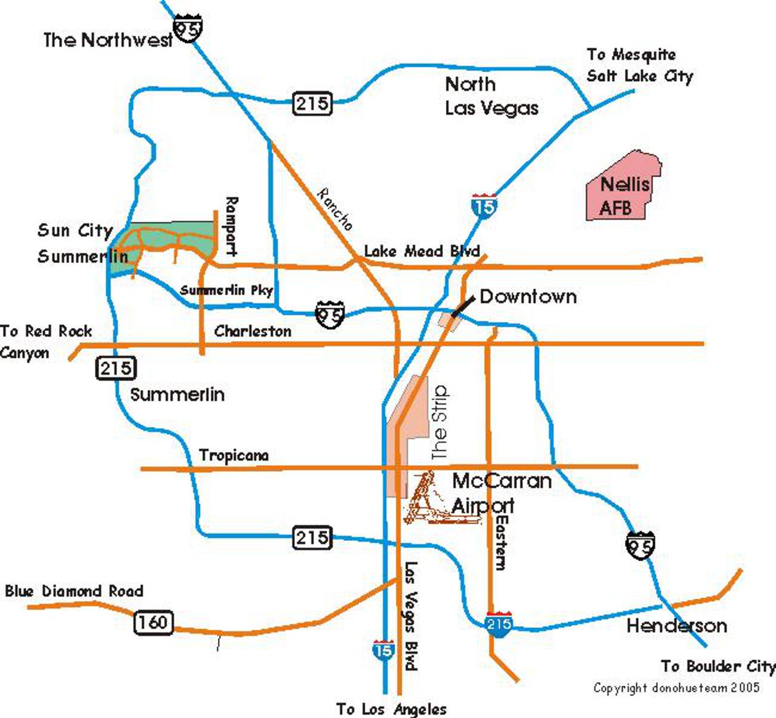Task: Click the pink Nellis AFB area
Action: coord(622,188)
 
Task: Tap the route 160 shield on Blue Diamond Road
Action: coord(153,622)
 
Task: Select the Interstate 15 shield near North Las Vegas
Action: coord(484,206)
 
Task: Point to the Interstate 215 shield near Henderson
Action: coord(499,624)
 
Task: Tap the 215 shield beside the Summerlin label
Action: coord(116,369)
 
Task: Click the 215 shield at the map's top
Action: coord(312,103)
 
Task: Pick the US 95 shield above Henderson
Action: coord(640,546)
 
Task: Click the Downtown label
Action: coord(528,297)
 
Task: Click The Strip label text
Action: coord(440,423)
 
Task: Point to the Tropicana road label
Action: coord(233,455)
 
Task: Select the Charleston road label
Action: coord(253,331)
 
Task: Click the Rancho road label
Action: coord(335,209)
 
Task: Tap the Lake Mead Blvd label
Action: coord(421,251)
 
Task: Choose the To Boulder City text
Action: coord(717,666)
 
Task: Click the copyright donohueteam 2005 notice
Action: coord(676,688)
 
